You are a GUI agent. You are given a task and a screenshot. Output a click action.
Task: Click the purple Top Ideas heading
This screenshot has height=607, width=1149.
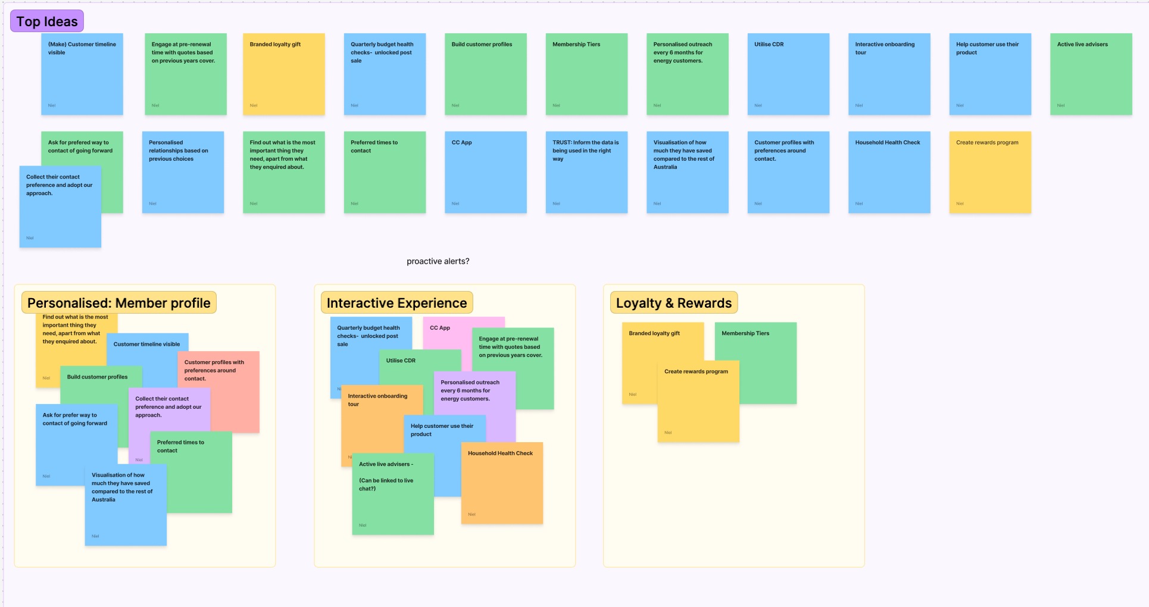[x=47, y=21]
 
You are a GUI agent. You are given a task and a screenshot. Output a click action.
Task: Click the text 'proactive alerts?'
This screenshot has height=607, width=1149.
[x=438, y=261]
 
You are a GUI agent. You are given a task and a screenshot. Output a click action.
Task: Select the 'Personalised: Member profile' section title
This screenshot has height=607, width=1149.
[x=119, y=303]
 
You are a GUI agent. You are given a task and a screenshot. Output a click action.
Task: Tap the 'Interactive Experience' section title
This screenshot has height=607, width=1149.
[x=396, y=303]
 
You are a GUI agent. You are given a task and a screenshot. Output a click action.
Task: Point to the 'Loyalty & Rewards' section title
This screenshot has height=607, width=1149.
[x=673, y=303]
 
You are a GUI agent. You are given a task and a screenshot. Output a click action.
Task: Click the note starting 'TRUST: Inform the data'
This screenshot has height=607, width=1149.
[x=586, y=172]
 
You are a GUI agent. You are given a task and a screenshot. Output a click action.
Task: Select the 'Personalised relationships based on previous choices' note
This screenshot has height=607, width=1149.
[x=183, y=172]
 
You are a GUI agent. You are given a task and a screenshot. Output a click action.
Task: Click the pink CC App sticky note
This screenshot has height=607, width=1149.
[x=447, y=333]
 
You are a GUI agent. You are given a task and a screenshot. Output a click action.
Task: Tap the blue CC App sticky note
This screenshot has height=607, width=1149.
[x=485, y=172]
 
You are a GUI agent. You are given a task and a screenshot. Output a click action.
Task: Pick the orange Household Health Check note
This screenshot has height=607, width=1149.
[x=502, y=485]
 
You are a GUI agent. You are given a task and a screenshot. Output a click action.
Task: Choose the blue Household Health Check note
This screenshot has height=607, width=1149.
[x=889, y=172]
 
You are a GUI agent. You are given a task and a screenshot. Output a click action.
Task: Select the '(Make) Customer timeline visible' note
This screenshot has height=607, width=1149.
[x=82, y=74]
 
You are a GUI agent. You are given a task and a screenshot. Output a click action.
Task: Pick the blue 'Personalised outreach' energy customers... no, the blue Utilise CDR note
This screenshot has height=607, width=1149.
[x=788, y=74]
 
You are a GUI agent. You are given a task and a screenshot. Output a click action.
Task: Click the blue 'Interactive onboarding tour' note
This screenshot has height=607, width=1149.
[x=889, y=74]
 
